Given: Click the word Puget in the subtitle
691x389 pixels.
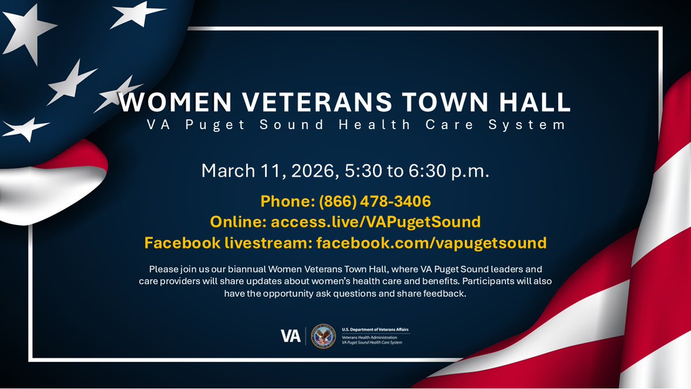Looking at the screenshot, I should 212,125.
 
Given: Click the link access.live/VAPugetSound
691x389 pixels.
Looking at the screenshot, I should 376,222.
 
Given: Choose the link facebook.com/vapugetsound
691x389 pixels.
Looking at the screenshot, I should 431,243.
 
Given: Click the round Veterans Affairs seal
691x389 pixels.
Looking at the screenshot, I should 323,336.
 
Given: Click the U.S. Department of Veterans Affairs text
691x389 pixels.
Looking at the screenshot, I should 375,328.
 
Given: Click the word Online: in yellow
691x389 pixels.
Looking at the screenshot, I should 238,222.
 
